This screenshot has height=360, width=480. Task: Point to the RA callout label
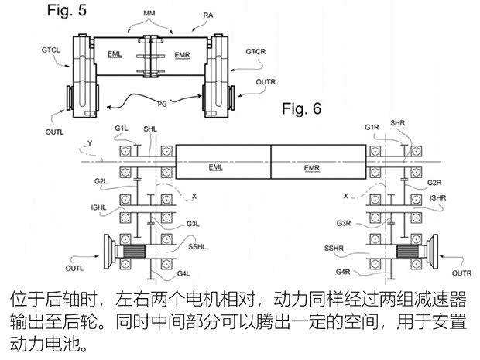tap(208, 14)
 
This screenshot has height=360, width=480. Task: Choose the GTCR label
tap(257, 53)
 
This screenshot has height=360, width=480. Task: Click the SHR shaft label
tap(397, 123)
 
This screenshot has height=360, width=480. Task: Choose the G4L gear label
tap(183, 274)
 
